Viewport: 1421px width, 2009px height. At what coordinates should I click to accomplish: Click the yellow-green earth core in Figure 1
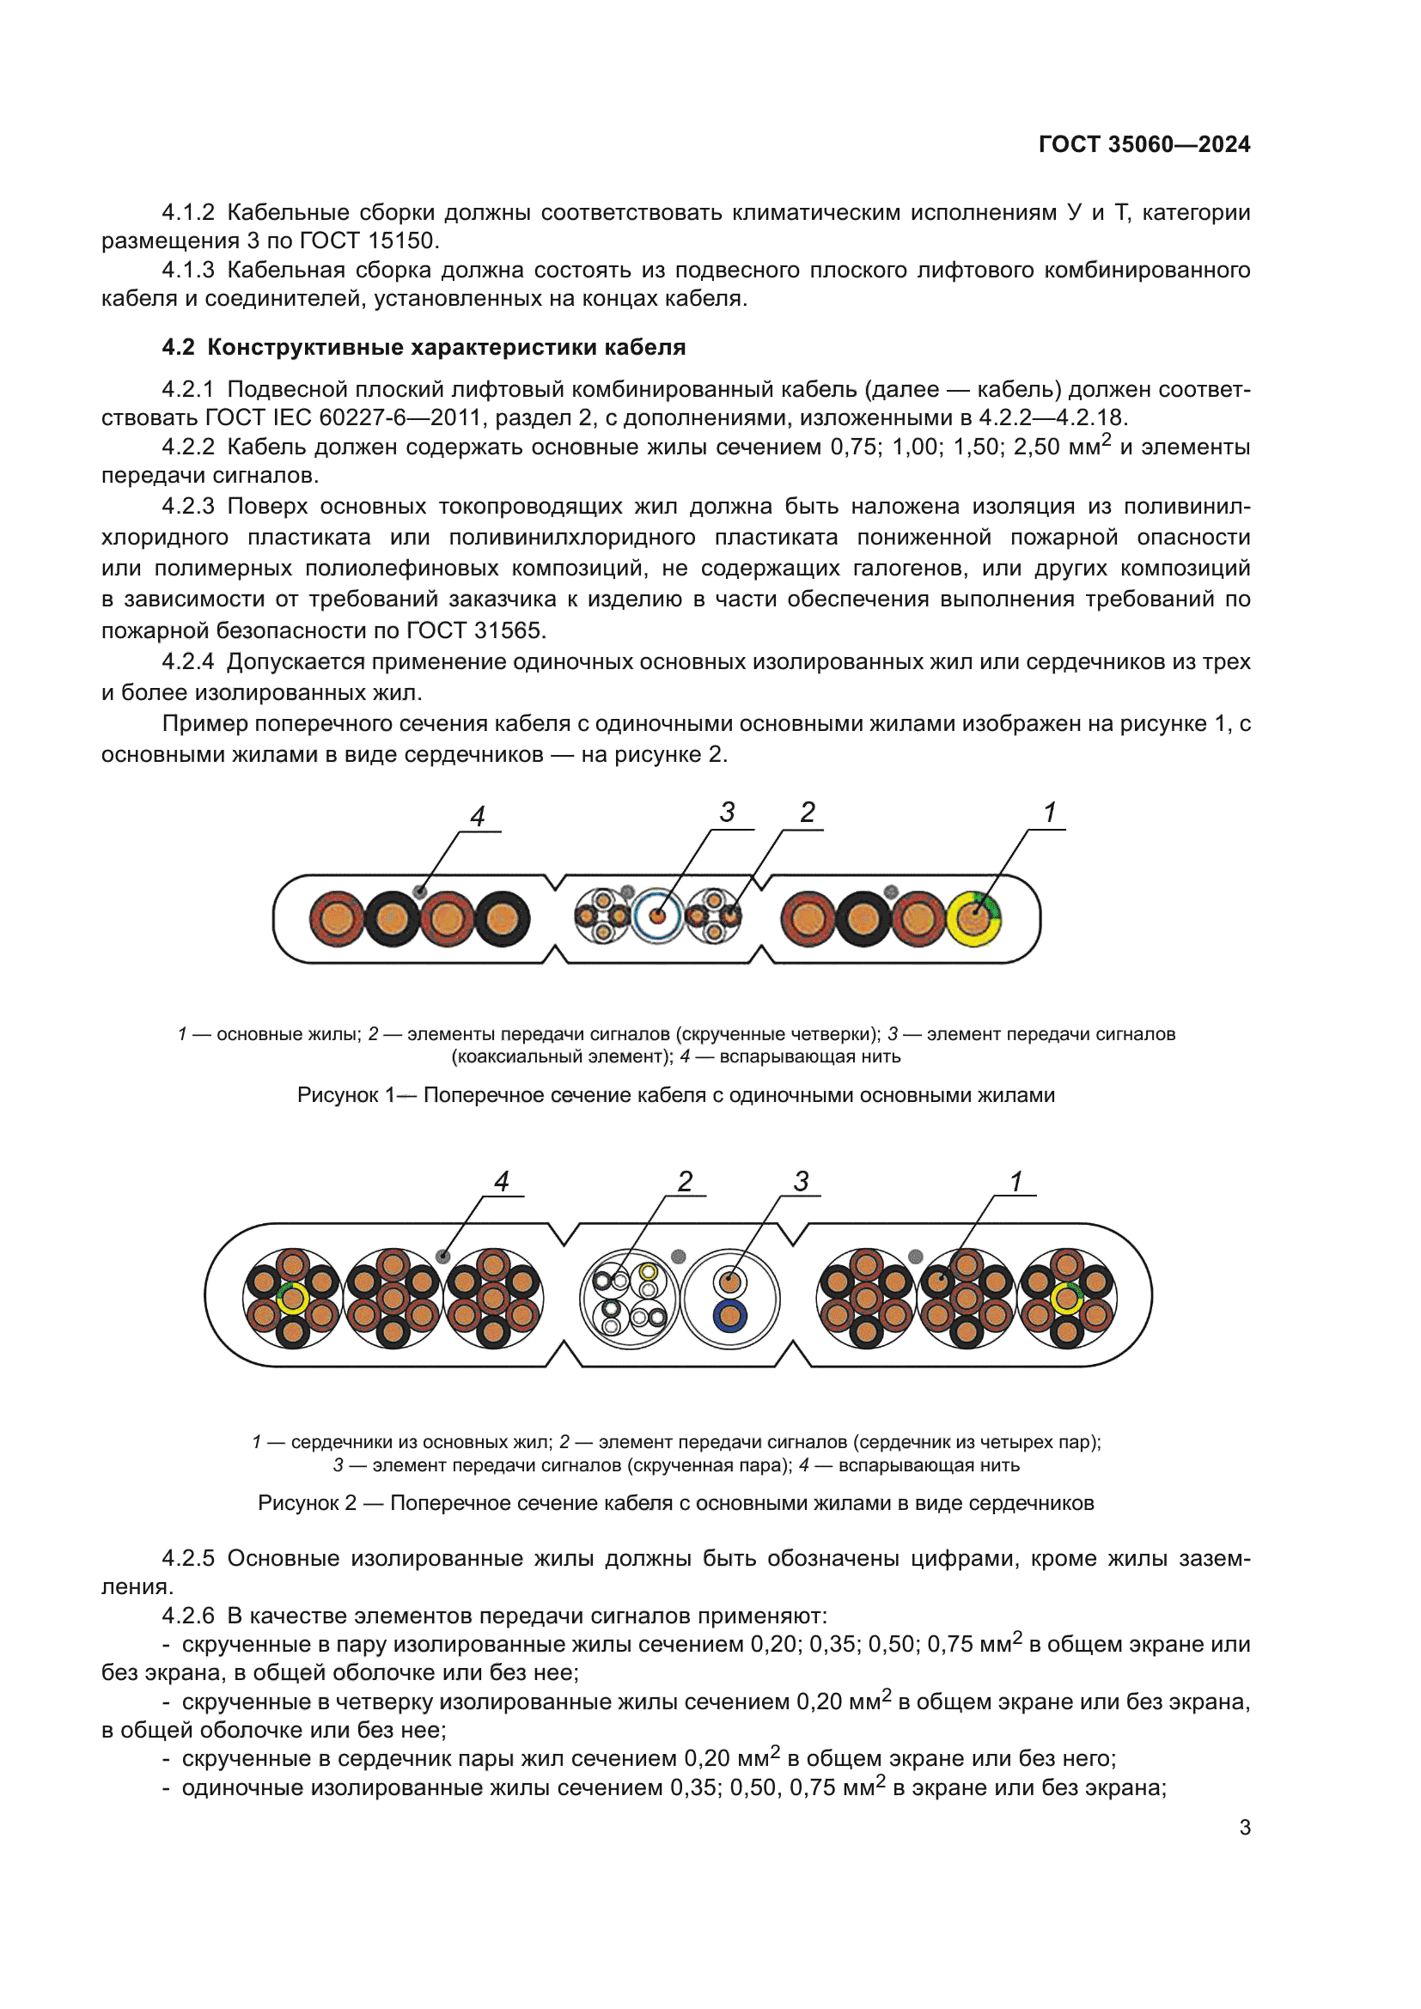click(x=974, y=919)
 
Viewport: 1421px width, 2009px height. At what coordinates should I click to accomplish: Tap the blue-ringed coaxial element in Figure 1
click(x=657, y=917)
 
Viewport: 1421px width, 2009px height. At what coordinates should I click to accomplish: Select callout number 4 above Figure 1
click(x=477, y=816)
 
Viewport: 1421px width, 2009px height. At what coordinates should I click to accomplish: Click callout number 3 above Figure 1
click(x=727, y=812)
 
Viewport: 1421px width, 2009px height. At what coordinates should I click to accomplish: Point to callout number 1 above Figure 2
click(x=1015, y=1181)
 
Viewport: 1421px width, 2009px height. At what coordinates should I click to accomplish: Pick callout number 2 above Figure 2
click(x=685, y=1181)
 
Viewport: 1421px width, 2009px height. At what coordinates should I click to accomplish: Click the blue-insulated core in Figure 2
click(x=729, y=1316)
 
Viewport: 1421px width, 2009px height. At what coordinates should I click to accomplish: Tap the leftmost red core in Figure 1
click(x=337, y=919)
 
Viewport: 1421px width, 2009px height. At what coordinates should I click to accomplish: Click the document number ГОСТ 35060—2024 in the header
click(x=1144, y=144)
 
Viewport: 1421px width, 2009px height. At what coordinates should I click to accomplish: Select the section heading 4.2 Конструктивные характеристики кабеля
click(x=424, y=347)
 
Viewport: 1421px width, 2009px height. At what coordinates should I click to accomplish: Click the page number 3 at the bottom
click(x=1244, y=1828)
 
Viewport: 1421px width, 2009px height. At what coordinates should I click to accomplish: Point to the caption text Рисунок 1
click(x=345, y=1095)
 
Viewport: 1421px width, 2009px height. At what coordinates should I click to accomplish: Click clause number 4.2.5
click(x=188, y=1558)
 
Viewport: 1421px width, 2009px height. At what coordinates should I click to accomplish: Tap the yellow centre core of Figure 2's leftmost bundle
click(x=292, y=1299)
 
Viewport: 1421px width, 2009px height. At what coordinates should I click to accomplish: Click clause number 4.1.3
click(x=188, y=271)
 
